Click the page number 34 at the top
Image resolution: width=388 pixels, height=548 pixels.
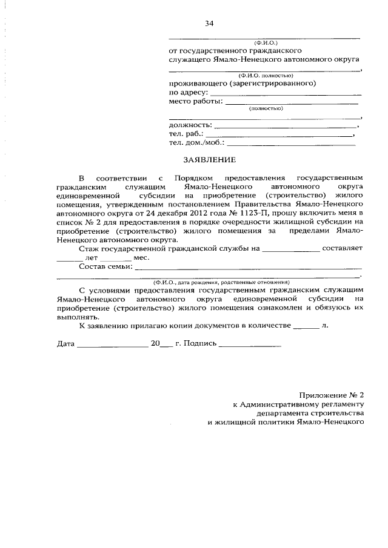(209, 24)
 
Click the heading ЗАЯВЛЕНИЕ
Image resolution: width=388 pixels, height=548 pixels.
(209, 160)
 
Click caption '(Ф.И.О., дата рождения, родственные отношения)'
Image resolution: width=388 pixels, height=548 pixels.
(221, 282)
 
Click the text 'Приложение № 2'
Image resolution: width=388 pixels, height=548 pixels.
(335, 395)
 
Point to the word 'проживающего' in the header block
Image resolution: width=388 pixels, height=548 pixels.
(196, 84)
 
